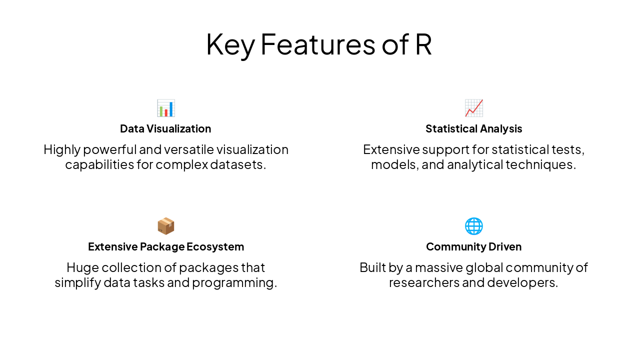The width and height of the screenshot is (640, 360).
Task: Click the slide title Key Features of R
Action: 318,44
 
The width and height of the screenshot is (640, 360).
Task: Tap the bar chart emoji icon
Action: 165,108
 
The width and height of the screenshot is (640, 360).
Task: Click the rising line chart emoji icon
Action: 473,108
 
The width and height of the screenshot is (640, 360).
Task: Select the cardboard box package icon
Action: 165,226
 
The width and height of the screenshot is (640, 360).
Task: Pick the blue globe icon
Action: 473,226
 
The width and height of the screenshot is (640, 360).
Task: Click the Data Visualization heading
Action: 165,129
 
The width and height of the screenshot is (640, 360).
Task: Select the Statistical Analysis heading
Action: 473,129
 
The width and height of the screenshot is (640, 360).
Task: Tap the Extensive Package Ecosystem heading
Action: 165,247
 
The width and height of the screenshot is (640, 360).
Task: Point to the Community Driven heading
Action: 473,247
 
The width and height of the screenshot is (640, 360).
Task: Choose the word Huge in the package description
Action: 82,267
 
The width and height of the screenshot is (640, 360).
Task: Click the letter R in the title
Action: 423,44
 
